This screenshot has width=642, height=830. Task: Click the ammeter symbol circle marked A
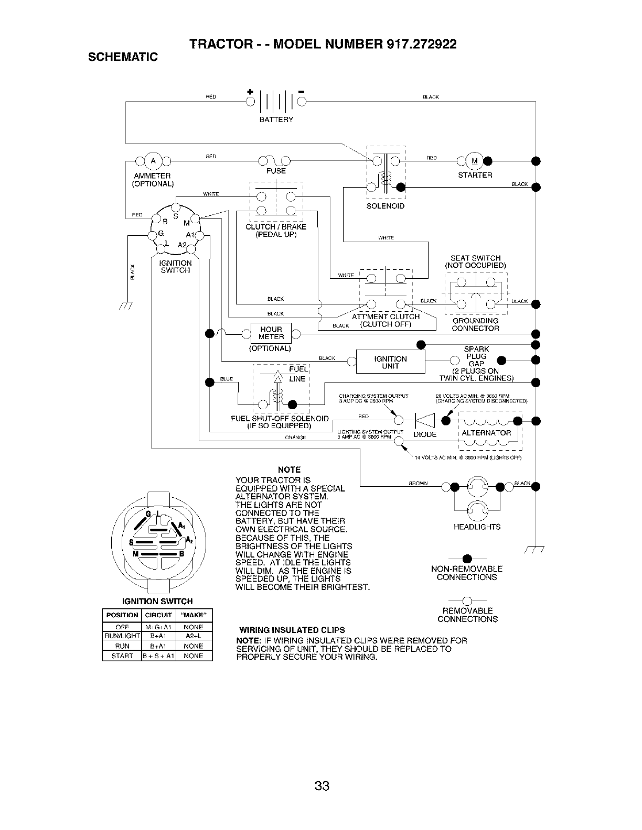(x=154, y=160)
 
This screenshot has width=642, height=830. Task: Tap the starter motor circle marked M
(x=475, y=160)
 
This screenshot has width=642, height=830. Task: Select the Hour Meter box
(x=271, y=333)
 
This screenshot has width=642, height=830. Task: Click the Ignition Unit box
(x=390, y=362)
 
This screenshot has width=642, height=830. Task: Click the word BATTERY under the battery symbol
(x=276, y=119)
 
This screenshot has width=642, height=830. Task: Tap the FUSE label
(x=276, y=171)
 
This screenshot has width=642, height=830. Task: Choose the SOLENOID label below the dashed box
(x=386, y=206)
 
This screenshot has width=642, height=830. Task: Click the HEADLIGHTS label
(x=477, y=527)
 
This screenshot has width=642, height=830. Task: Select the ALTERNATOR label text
(x=486, y=433)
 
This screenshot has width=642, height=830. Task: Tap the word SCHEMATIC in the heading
(x=123, y=57)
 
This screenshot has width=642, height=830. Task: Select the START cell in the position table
(x=122, y=656)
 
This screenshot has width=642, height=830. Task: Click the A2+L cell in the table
(x=193, y=636)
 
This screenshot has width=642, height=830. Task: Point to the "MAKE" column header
(x=193, y=615)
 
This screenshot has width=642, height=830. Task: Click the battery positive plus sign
(x=249, y=93)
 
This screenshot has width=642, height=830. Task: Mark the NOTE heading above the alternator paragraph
(x=289, y=469)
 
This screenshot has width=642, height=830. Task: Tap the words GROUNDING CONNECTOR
(x=475, y=324)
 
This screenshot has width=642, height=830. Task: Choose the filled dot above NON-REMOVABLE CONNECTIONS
(x=466, y=557)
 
